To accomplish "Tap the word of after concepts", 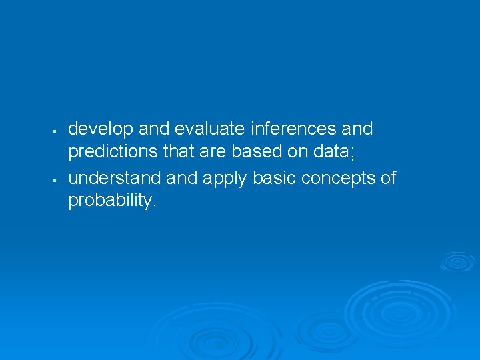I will (x=387, y=178).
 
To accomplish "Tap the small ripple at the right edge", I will (x=457, y=261).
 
